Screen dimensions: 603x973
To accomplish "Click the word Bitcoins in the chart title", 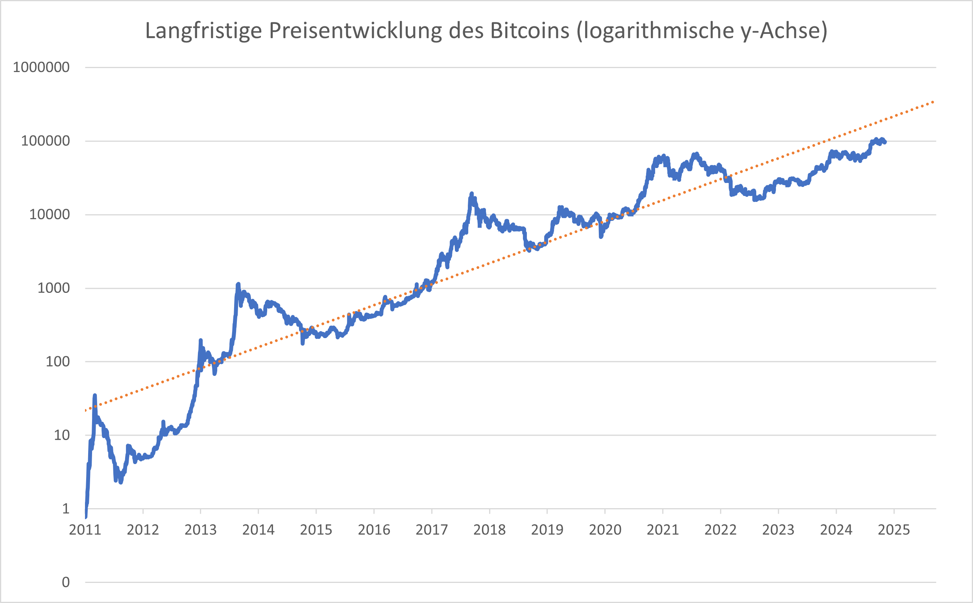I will [529, 30].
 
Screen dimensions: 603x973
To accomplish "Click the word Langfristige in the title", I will [203, 30].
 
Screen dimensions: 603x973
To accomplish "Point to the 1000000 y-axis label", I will [41, 67].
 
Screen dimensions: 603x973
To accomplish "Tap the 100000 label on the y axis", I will [45, 141].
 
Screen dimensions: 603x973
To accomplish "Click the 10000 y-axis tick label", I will [50, 215].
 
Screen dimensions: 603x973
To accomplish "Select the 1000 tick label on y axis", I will [54, 288].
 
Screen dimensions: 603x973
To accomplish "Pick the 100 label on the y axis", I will [57, 362].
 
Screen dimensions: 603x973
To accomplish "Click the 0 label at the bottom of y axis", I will [66, 582].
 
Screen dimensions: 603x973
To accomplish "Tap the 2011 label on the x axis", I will [85, 530].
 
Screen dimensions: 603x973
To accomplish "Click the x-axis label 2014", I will [258, 530].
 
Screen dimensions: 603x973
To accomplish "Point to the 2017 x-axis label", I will [432, 530].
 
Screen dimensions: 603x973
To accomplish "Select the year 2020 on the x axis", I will [605, 530].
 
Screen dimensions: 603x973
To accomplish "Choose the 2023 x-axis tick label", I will [778, 530].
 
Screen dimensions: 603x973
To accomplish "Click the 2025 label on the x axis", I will [894, 530].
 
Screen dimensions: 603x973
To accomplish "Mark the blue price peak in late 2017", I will [472, 194].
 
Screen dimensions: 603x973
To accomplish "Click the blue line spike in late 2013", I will [238, 285].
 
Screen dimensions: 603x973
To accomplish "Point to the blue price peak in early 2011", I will [95, 396].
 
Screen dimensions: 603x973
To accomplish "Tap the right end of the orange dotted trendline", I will [933, 102].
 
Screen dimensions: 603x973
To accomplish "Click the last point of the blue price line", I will [885, 142].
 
